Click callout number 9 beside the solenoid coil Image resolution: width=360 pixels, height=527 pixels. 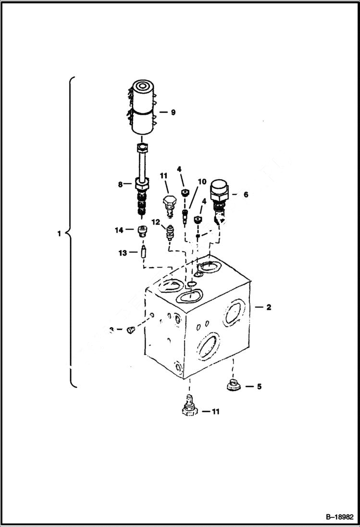(x=173, y=112)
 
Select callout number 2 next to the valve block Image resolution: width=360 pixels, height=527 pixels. (x=269, y=307)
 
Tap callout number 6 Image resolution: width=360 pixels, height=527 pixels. (x=246, y=195)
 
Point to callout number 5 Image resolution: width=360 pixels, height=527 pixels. (x=259, y=386)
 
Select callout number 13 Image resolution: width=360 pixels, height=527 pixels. (x=122, y=252)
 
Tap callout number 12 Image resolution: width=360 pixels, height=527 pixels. (x=156, y=222)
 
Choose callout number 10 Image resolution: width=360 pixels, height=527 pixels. (x=202, y=182)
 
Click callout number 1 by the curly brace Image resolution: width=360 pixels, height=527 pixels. (x=59, y=234)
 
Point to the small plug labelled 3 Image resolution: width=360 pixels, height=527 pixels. (x=130, y=330)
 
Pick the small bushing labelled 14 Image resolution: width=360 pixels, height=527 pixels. (x=142, y=231)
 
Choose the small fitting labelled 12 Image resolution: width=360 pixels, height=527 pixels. (x=169, y=232)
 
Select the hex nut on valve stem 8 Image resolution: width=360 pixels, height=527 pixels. (x=143, y=183)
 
